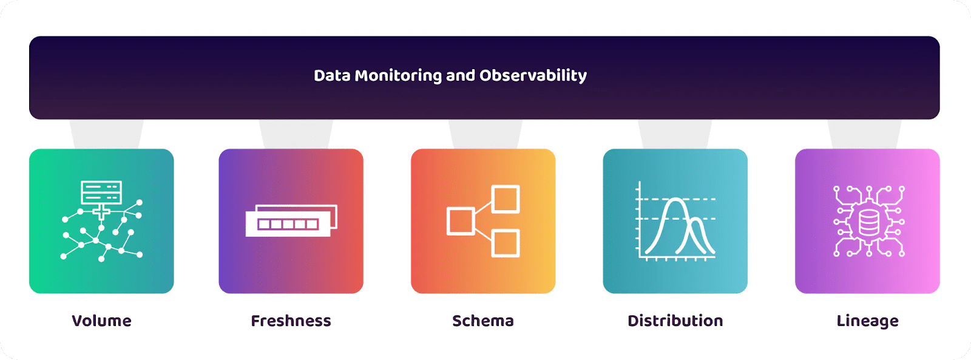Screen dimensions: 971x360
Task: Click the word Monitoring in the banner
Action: [398, 76]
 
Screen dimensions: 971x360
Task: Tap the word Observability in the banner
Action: [533, 76]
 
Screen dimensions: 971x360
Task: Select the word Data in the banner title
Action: [332, 76]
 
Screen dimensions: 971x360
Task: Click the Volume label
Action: [101, 321]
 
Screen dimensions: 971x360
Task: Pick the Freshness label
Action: [291, 321]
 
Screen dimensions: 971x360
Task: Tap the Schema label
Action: [483, 321]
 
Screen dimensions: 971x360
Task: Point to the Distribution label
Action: [675, 321]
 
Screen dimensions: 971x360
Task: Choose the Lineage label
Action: [867, 321]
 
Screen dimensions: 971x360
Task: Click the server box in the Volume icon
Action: [101, 192]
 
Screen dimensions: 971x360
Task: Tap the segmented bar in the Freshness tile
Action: [288, 224]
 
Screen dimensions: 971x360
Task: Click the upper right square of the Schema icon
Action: [506, 199]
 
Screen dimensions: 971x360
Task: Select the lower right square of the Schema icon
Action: [506, 243]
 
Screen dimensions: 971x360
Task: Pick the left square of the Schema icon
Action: [461, 221]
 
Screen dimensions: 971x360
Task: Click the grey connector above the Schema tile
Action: [485, 134]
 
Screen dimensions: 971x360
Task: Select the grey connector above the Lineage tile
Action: [864, 134]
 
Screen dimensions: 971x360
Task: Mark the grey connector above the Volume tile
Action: [106, 134]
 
